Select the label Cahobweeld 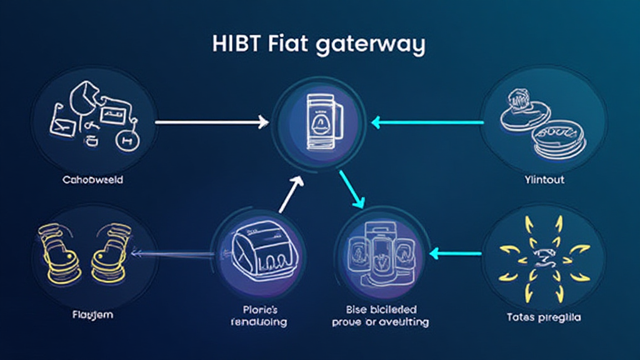click(92, 180)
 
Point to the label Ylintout click(544, 180)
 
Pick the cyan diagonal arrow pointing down click(351, 189)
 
